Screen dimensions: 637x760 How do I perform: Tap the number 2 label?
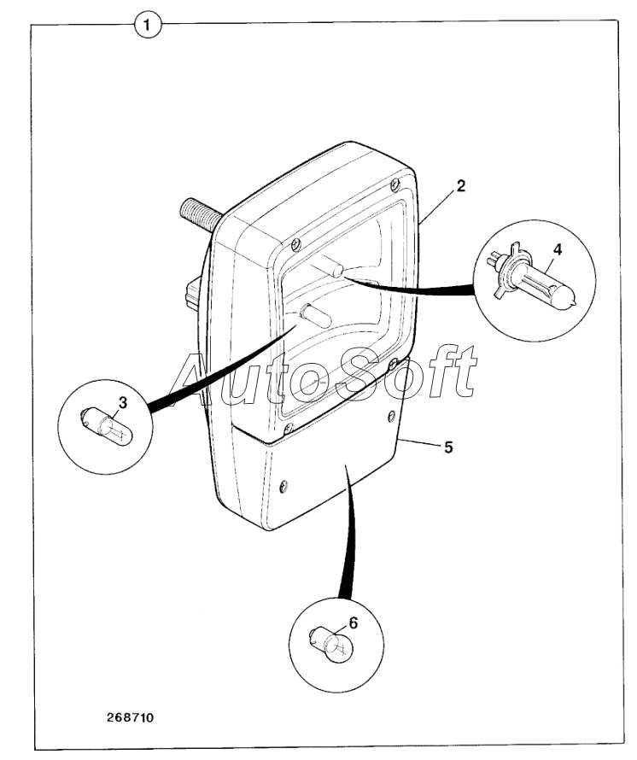pos(460,184)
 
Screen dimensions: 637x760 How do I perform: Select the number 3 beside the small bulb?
pos(123,402)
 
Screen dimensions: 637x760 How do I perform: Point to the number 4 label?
pos(557,250)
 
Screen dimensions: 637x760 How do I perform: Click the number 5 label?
pos(447,447)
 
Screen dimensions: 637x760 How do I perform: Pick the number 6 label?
pos(354,623)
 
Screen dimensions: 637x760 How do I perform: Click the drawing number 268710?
pos(130,717)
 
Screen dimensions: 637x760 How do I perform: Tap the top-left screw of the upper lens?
pos(295,244)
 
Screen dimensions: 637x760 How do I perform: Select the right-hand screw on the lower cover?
pos(392,416)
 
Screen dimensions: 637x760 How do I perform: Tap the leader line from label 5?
pos(419,441)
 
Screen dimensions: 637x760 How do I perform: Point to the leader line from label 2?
pos(437,206)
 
